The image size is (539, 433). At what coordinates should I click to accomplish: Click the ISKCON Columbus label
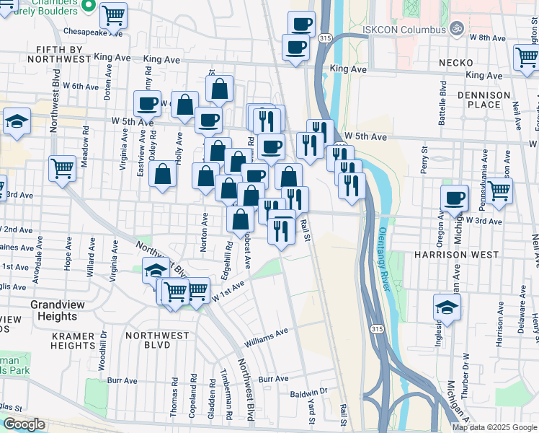coord(405,29)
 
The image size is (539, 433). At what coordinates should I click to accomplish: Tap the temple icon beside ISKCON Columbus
coord(455,29)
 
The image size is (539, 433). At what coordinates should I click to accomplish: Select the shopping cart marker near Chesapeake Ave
coord(113,14)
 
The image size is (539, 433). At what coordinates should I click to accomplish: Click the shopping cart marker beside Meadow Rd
coord(63,169)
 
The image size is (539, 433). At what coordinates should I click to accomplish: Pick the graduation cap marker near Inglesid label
coord(447,307)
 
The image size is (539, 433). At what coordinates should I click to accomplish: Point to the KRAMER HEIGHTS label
coord(63,341)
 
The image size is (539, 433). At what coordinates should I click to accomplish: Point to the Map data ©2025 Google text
coord(494,427)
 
